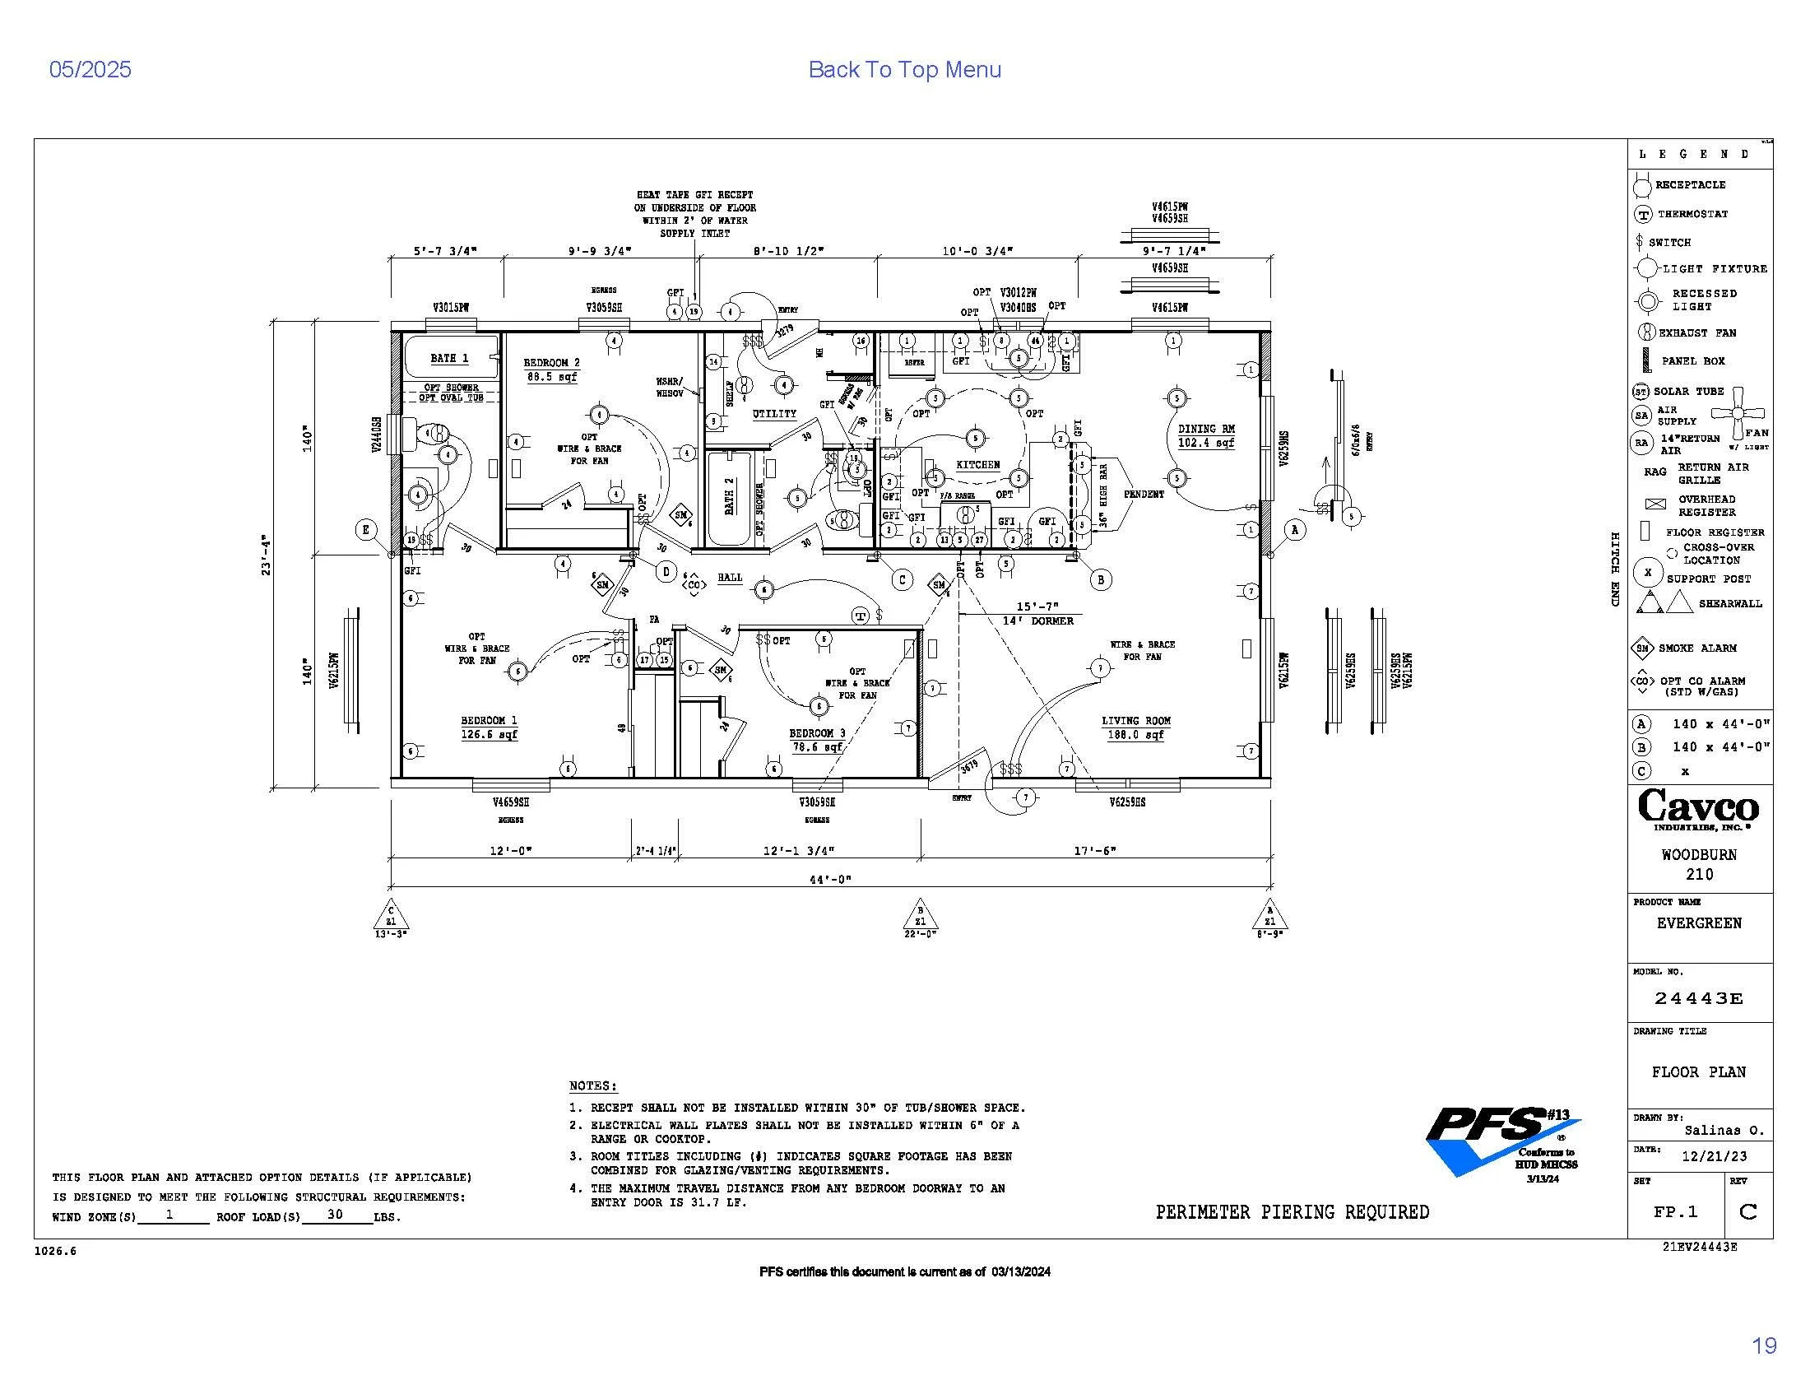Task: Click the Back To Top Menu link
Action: point(904,70)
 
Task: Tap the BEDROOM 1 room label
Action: point(489,721)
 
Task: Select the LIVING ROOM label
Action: point(1135,721)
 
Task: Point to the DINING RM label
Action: point(1206,430)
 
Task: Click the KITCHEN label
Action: point(978,465)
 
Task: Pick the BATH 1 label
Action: point(449,358)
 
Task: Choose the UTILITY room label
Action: point(774,414)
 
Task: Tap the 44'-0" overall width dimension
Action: point(829,880)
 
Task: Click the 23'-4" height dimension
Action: point(266,555)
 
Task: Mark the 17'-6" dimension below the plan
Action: point(1095,850)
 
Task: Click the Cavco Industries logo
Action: point(1698,809)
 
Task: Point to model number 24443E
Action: point(1698,999)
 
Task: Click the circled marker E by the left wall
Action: point(366,530)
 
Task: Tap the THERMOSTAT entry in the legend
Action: point(1691,214)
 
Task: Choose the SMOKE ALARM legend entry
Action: point(1696,648)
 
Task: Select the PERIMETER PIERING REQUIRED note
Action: point(1292,1212)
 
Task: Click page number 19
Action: point(1764,1346)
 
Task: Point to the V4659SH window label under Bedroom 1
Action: point(511,802)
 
